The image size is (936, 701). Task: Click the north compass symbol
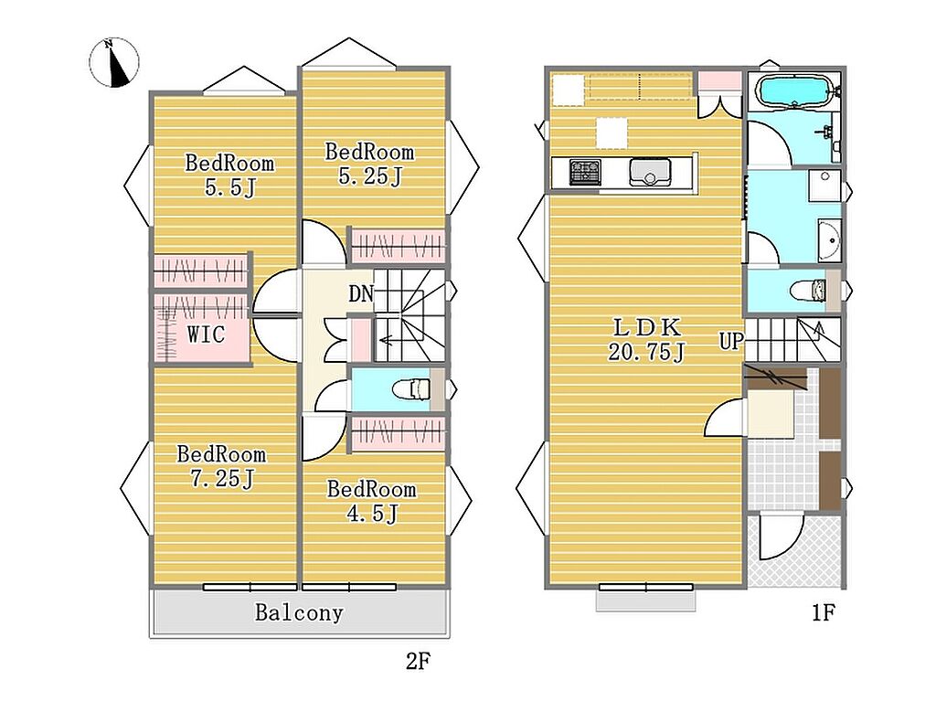pos(114,63)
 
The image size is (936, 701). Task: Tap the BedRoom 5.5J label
pos(229,175)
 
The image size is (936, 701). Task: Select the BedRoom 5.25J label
pos(369,164)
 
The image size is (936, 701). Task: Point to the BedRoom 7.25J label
pos(221,466)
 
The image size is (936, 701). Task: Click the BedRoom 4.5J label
pos(371,501)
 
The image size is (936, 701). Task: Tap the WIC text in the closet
pos(206,334)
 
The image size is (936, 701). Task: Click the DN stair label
pos(361,293)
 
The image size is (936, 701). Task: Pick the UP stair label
pos(731,341)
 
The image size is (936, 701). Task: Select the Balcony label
pos(299,612)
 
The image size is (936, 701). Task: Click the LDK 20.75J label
pos(646,339)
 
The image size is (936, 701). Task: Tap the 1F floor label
pos(824,612)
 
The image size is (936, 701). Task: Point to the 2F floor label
pos(418,661)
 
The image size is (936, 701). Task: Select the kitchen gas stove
pos(585,173)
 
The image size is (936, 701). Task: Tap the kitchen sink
pos(650,173)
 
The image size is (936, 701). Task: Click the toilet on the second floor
pos(411,390)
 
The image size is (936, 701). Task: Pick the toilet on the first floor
pos(808,292)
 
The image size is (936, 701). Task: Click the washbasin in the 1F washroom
pos(829,240)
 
